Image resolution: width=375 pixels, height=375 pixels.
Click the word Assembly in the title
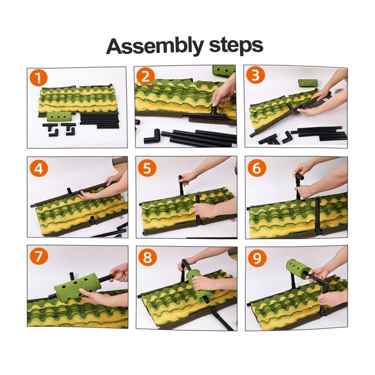(155, 46)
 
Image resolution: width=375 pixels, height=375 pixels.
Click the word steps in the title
(236, 46)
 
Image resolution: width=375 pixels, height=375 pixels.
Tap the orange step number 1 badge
(39, 78)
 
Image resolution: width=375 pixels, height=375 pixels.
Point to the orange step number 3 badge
(255, 76)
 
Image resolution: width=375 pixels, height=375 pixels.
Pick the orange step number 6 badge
(256, 168)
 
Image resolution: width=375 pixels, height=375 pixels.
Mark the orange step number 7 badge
(39, 256)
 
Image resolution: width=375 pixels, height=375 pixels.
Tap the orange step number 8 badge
(147, 257)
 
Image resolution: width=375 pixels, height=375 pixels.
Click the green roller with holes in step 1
(58, 117)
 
